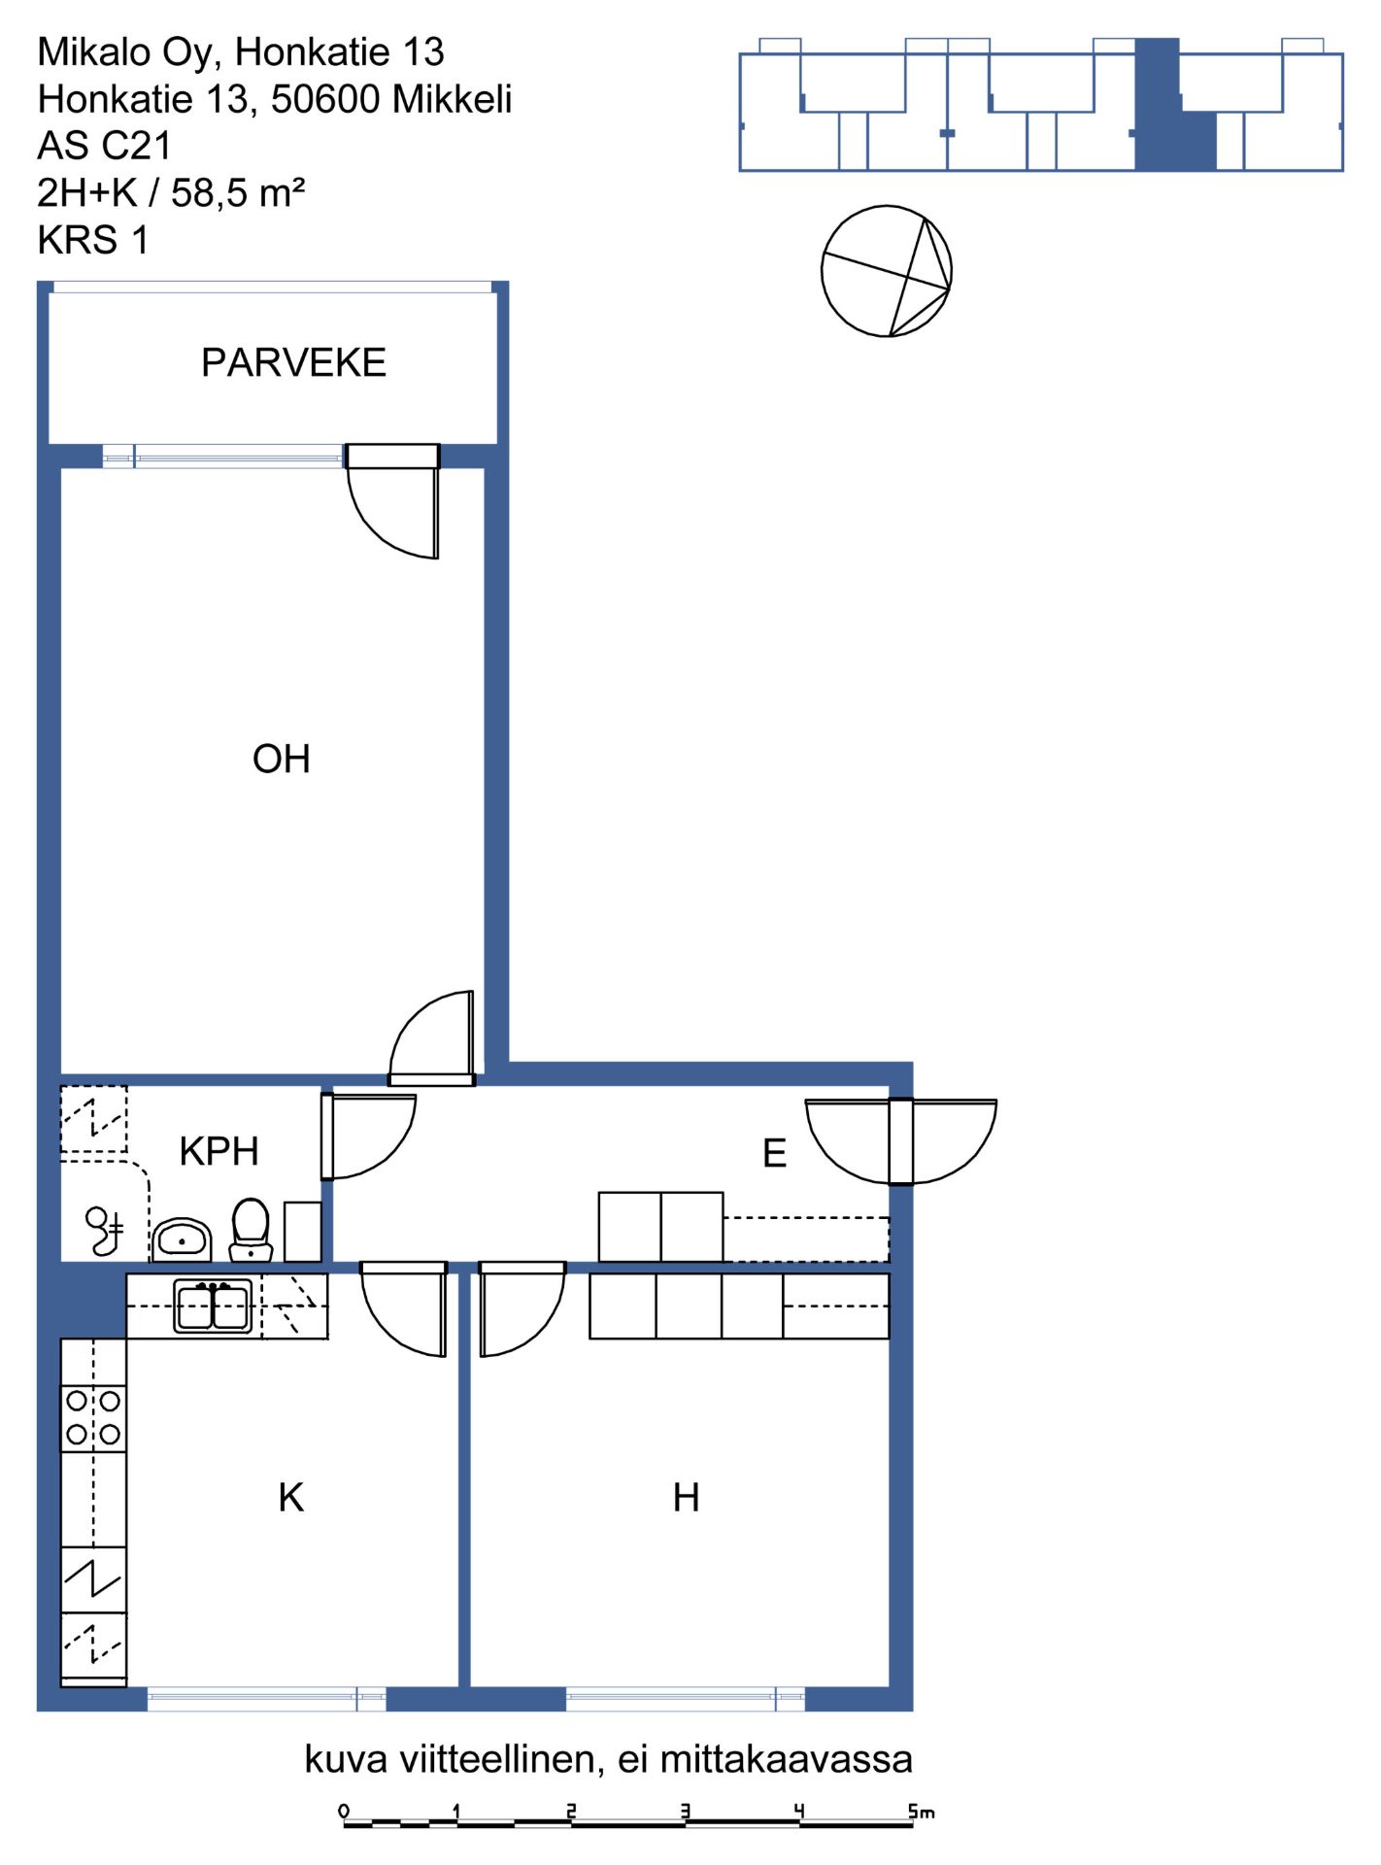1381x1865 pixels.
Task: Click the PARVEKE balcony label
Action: coord(293,362)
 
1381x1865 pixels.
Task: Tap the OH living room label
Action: coord(282,759)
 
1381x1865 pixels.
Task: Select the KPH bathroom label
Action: coord(219,1151)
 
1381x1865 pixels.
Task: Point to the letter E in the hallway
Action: coord(774,1153)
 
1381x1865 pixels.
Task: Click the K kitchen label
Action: coord(291,1497)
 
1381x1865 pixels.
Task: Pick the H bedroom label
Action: coord(687,1497)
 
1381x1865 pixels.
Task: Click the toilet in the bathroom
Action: coord(251,1229)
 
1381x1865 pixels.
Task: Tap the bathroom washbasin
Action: coord(182,1239)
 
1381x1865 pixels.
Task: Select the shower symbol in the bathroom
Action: coord(104,1231)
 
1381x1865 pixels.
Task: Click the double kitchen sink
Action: coord(213,1306)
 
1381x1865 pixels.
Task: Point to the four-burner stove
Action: coord(93,1418)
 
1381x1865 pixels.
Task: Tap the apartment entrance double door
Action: coord(901,1141)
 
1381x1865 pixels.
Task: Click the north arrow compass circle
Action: coord(887,271)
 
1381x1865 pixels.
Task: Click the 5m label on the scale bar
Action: coord(921,1812)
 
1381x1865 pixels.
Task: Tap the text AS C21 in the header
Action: coord(104,146)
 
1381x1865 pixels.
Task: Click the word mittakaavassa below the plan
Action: coord(787,1759)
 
